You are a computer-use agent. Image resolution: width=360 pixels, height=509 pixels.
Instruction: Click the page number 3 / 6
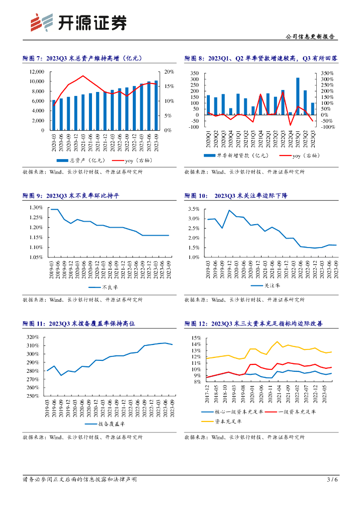point(332,480)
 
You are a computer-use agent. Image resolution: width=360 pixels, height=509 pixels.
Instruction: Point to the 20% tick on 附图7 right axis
point(169,72)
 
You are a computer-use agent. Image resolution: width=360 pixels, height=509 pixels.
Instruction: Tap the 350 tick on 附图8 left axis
point(195,73)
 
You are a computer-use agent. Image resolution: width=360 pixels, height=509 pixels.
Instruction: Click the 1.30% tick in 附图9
point(36,207)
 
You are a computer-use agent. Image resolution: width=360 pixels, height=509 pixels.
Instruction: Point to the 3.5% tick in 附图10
point(193,209)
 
